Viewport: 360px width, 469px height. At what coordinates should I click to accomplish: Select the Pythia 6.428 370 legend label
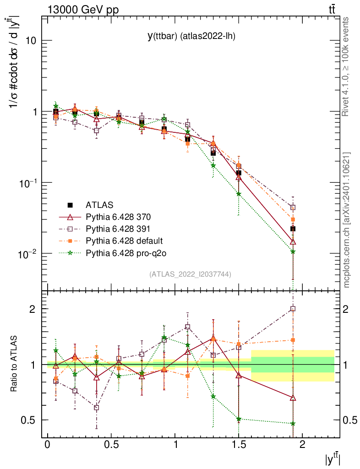coord(119,217)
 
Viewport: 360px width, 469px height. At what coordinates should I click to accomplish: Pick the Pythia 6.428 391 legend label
coord(119,229)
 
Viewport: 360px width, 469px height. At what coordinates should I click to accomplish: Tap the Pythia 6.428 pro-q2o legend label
coord(124,252)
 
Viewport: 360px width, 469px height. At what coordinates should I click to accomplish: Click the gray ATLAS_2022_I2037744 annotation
coord(190,274)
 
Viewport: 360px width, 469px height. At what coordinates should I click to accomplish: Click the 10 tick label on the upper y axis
coord(30,40)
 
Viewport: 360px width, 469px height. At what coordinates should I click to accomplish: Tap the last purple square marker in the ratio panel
coord(293,309)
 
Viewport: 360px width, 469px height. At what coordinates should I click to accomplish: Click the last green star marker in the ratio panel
coord(293,424)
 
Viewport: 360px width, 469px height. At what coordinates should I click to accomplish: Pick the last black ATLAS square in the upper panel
coord(293,229)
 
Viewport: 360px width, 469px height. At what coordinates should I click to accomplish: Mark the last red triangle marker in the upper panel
coord(293,241)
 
